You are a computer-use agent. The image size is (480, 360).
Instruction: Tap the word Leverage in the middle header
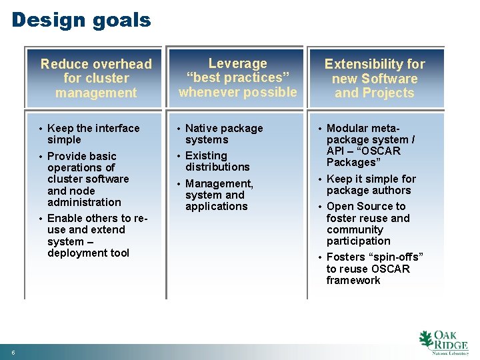pos(237,63)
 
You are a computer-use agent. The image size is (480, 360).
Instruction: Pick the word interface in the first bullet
pos(117,128)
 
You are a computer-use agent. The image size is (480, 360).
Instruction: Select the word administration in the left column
pos(84,202)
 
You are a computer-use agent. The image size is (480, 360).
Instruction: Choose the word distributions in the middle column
pos(217,167)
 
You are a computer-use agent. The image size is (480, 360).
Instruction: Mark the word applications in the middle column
pos(216,206)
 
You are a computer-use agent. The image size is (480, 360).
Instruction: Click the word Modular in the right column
pos(347,128)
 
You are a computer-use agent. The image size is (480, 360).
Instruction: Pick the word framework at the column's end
pos(353,280)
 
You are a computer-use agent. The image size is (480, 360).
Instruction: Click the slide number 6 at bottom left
pos(13,352)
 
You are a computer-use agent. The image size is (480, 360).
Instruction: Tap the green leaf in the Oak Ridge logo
pos(425,340)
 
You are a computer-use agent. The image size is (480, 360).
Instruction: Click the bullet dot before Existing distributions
pos(179,156)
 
